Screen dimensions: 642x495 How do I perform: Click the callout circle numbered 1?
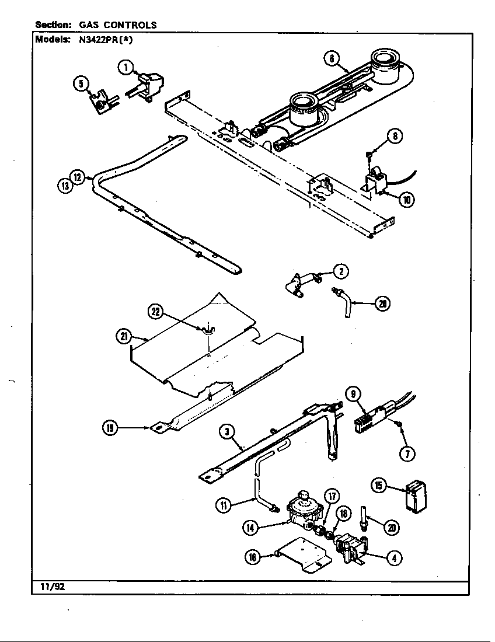[x=124, y=67]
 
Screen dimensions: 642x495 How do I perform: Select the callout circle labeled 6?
[x=331, y=58]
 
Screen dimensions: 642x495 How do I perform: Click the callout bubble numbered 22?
[x=155, y=312]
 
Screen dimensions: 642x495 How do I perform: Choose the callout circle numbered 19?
[x=109, y=428]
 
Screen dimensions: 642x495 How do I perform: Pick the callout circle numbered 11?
[x=224, y=505]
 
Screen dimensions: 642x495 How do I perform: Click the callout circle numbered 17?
[x=332, y=497]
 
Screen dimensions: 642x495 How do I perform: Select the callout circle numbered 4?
[x=395, y=557]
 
